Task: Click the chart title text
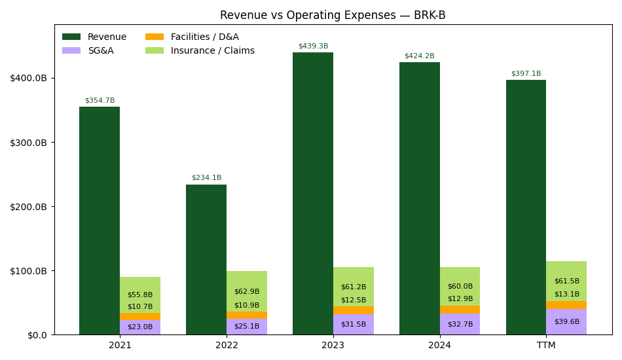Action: [x=333, y=15]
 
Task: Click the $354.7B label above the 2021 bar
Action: [x=100, y=101]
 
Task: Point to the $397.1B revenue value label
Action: [x=526, y=74]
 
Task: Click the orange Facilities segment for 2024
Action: [x=460, y=310]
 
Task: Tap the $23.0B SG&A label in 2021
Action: [x=140, y=327]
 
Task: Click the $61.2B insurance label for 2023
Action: [x=354, y=287]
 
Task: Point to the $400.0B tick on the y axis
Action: [x=28, y=78]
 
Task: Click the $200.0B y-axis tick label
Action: [x=28, y=206]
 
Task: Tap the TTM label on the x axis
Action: [x=546, y=345]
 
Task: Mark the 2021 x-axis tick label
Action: [x=120, y=345]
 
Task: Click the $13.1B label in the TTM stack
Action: [x=566, y=294]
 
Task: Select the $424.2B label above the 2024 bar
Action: [x=419, y=56]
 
